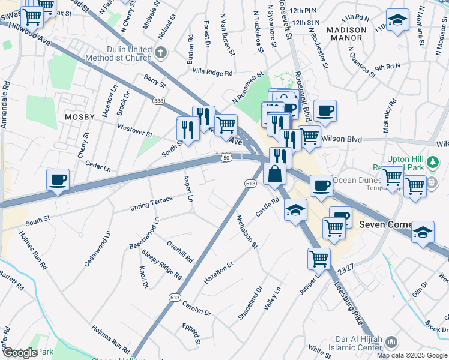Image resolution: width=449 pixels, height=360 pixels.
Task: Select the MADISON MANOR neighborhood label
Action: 346,34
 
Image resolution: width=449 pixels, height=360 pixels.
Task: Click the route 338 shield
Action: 158,100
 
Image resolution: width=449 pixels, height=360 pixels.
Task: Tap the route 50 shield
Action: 226,157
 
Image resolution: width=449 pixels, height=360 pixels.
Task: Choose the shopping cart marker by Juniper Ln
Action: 319,259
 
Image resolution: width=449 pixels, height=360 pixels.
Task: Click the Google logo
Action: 20,353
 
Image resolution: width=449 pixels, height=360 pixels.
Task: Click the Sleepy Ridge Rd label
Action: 162,265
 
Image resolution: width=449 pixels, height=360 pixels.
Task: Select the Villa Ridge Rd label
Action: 212,72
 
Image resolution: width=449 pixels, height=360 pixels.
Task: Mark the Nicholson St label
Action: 246,232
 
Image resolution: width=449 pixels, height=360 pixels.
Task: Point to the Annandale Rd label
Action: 7,103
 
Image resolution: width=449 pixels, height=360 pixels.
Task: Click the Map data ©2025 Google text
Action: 412,355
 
